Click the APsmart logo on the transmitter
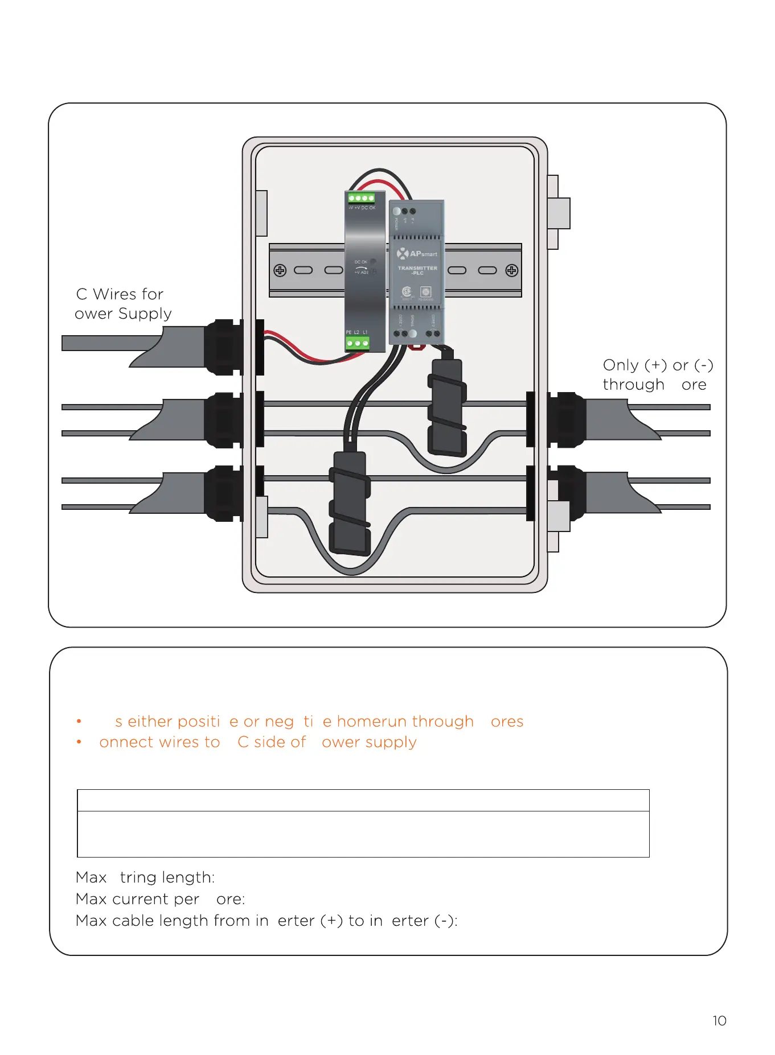[417, 253]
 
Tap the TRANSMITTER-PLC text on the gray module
[417, 270]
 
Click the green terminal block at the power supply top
[362, 198]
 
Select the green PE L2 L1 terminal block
[358, 343]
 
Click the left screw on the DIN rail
[280, 270]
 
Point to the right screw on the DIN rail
[511, 270]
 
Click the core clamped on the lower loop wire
[350, 502]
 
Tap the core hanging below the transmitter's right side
[447, 407]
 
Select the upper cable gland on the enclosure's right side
[565, 419]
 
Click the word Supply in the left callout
[145, 314]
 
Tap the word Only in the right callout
[621, 365]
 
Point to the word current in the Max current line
[140, 899]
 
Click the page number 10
[719, 1021]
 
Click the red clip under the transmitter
[417, 346]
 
